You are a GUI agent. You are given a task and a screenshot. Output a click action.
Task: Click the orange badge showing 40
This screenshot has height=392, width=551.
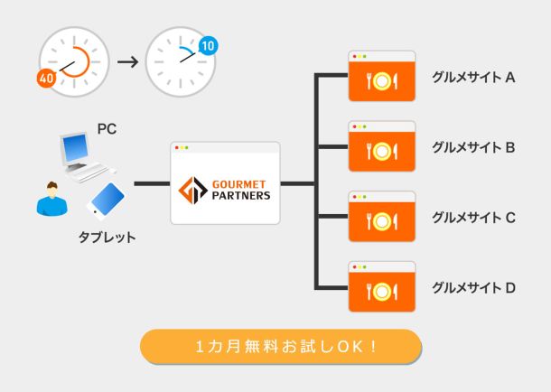tap(47, 79)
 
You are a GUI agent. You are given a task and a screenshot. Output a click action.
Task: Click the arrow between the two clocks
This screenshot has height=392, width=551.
tap(127, 61)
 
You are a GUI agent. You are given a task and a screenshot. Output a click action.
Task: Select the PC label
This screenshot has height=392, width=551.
tap(107, 129)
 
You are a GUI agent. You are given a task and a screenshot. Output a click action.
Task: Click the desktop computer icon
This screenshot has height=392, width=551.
tap(84, 154)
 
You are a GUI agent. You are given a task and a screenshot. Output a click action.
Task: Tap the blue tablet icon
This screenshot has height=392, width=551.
tap(106, 201)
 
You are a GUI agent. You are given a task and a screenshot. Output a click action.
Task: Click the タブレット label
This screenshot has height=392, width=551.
tap(107, 238)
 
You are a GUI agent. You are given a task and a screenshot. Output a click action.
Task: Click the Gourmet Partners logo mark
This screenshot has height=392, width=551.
tap(192, 191)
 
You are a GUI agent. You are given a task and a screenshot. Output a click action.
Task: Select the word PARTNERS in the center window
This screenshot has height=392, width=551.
tap(241, 196)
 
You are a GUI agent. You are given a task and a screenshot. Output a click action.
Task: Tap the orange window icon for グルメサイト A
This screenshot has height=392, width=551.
tap(382, 77)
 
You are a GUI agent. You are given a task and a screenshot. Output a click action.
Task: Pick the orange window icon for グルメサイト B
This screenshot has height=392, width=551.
tap(382, 146)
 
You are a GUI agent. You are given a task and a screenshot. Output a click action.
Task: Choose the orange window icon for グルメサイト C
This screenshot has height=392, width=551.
tap(382, 217)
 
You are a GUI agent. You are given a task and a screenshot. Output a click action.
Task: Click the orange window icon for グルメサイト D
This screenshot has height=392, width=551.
tap(382, 287)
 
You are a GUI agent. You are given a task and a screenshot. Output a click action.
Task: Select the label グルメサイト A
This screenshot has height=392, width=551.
tap(473, 77)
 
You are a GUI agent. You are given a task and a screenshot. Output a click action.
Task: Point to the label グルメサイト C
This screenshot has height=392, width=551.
tap(473, 217)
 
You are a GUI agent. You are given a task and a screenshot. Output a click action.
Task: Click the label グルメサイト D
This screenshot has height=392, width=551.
tap(473, 288)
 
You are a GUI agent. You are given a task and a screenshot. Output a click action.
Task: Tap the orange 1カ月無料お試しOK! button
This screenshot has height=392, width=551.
tap(281, 346)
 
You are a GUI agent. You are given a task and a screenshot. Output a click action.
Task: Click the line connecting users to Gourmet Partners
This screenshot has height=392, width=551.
tap(151, 184)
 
